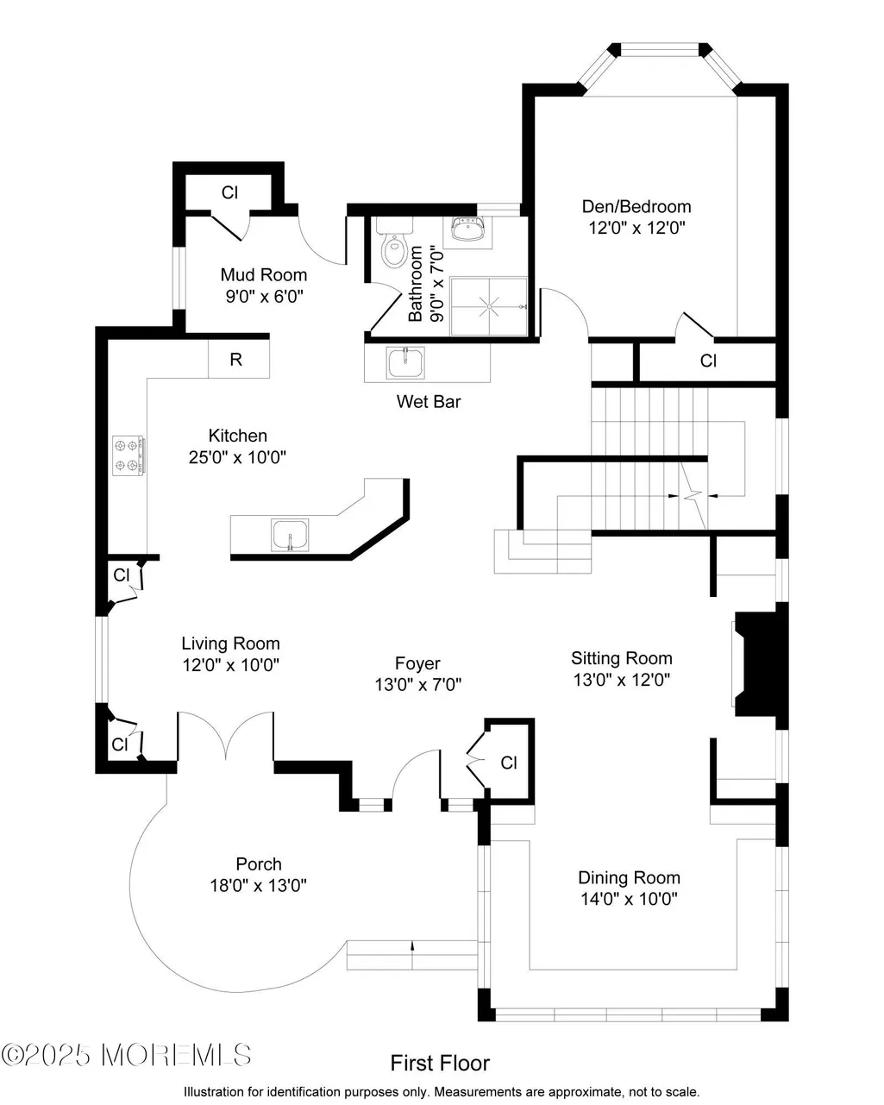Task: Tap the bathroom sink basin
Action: click(x=467, y=228)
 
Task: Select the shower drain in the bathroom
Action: click(x=489, y=306)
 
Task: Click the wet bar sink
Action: click(x=406, y=363)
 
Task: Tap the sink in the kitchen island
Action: click(x=290, y=535)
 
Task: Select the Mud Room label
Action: click(x=264, y=274)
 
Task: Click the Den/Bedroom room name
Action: click(x=636, y=206)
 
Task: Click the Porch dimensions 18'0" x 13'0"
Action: click(x=258, y=885)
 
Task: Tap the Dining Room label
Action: click(x=629, y=877)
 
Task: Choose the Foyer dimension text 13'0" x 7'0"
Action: click(x=418, y=684)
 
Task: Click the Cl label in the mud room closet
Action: click(x=229, y=192)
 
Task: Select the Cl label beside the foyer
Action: click(x=509, y=763)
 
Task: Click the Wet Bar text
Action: click(x=429, y=401)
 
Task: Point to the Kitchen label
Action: click(x=238, y=436)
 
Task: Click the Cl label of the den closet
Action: click(x=708, y=361)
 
